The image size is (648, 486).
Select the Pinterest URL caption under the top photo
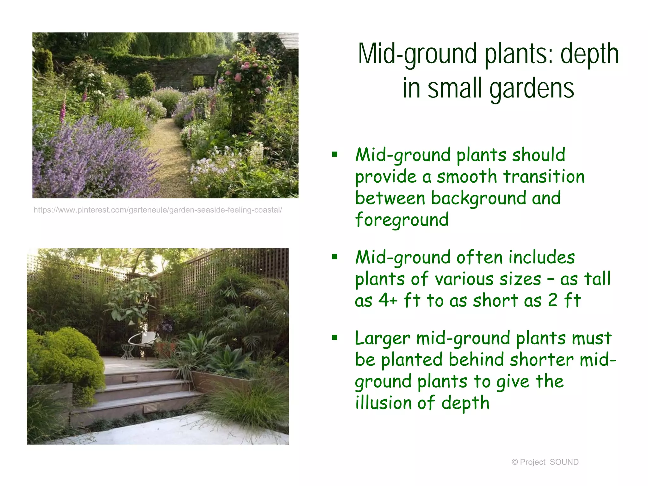(158, 210)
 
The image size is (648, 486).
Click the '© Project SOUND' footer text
(545, 462)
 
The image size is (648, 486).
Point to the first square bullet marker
(335, 155)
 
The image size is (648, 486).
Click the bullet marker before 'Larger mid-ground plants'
(335, 338)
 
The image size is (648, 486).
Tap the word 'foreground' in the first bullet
(402, 220)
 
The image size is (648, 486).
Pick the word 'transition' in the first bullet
(544, 177)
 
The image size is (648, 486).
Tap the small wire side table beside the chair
(128, 352)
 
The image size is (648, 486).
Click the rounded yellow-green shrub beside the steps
(68, 358)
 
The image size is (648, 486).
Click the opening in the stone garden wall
(198, 81)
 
